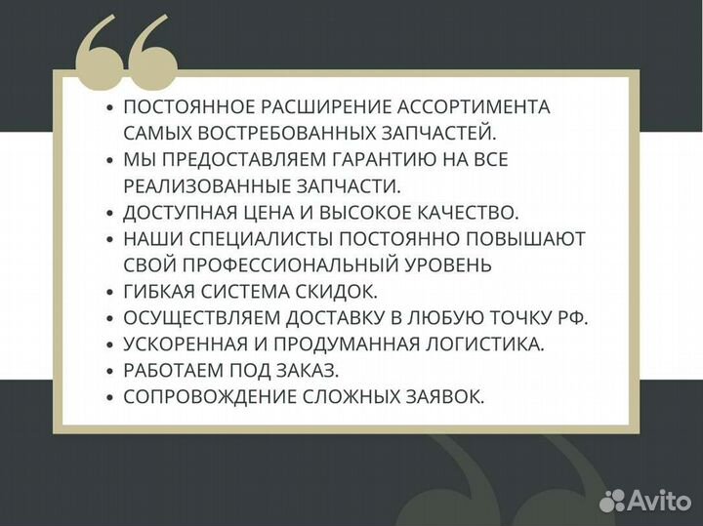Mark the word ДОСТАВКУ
click(x=351, y=317)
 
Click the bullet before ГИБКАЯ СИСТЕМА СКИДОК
click(x=109, y=291)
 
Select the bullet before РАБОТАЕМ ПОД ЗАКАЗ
click(x=109, y=370)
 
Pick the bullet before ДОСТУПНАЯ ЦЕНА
click(x=109, y=212)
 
